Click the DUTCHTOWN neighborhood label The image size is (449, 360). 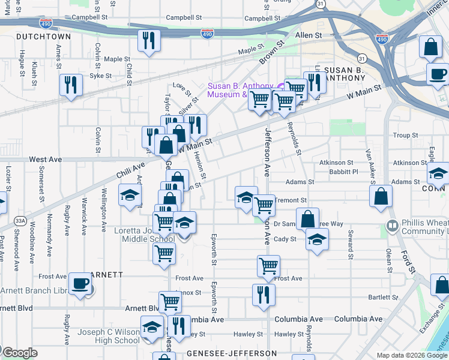(43, 37)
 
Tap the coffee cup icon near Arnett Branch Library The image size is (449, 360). (80, 283)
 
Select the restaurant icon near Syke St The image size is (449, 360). (71, 85)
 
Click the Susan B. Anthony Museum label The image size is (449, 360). (228, 90)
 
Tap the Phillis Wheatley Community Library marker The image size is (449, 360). (392, 226)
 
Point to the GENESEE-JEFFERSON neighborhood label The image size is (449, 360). (231, 353)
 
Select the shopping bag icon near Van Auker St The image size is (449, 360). (381, 196)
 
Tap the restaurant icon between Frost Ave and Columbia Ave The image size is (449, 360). (264, 295)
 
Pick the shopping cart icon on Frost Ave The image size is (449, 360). (268, 265)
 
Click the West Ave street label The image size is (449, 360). (46, 160)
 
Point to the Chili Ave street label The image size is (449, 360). (130, 166)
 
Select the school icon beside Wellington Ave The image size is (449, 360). (130, 196)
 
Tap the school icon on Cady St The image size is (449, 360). (317, 241)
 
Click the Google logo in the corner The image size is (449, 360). (20, 353)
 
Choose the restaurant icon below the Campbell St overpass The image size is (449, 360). (147, 41)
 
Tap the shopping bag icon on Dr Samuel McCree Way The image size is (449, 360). (308, 219)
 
